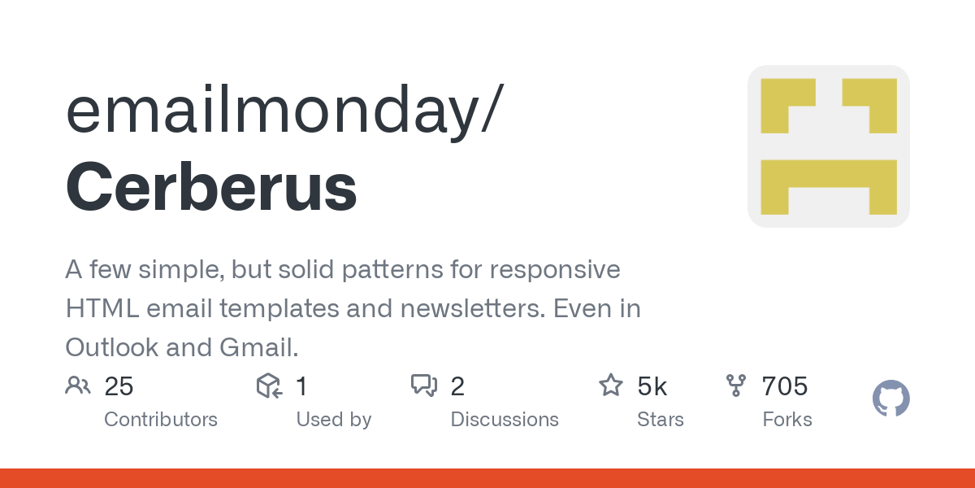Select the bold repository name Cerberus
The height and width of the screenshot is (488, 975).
pos(211,186)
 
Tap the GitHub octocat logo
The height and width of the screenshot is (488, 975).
pos(891,398)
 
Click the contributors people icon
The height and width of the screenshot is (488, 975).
pos(78,386)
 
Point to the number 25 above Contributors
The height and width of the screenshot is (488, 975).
pos(119,386)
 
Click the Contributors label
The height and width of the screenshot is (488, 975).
pos(161,420)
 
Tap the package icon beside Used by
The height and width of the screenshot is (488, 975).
pos(269,386)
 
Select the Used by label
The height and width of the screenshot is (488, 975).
pos(334,420)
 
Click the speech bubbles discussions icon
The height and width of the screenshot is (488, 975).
pos(424,386)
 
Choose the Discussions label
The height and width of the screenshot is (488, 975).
pos(505,420)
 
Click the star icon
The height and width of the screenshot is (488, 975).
pos(611,386)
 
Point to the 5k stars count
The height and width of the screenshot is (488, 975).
pos(652,386)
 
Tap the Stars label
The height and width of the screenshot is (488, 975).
pos(661,420)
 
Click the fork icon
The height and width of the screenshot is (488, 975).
pos(736,386)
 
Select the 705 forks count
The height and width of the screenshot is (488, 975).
pos(785,386)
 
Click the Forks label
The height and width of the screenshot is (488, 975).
pos(787,420)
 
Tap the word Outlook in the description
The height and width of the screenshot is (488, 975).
pos(112,347)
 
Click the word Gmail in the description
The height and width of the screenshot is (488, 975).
pos(259,347)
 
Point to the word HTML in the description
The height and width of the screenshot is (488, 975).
pos(102,308)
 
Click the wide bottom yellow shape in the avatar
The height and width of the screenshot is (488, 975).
pos(829,174)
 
